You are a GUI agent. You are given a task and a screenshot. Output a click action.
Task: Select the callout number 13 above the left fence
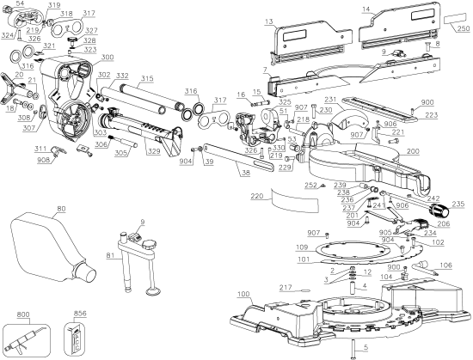tap(269, 19)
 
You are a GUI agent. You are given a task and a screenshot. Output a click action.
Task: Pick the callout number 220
tap(256, 196)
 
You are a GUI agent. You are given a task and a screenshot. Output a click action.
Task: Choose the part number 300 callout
tap(107, 58)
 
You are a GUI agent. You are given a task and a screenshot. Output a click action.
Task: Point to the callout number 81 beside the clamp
tap(109, 255)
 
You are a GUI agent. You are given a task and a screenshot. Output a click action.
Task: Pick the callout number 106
tap(445, 265)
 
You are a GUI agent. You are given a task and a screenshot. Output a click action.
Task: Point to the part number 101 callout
tap(302, 257)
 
